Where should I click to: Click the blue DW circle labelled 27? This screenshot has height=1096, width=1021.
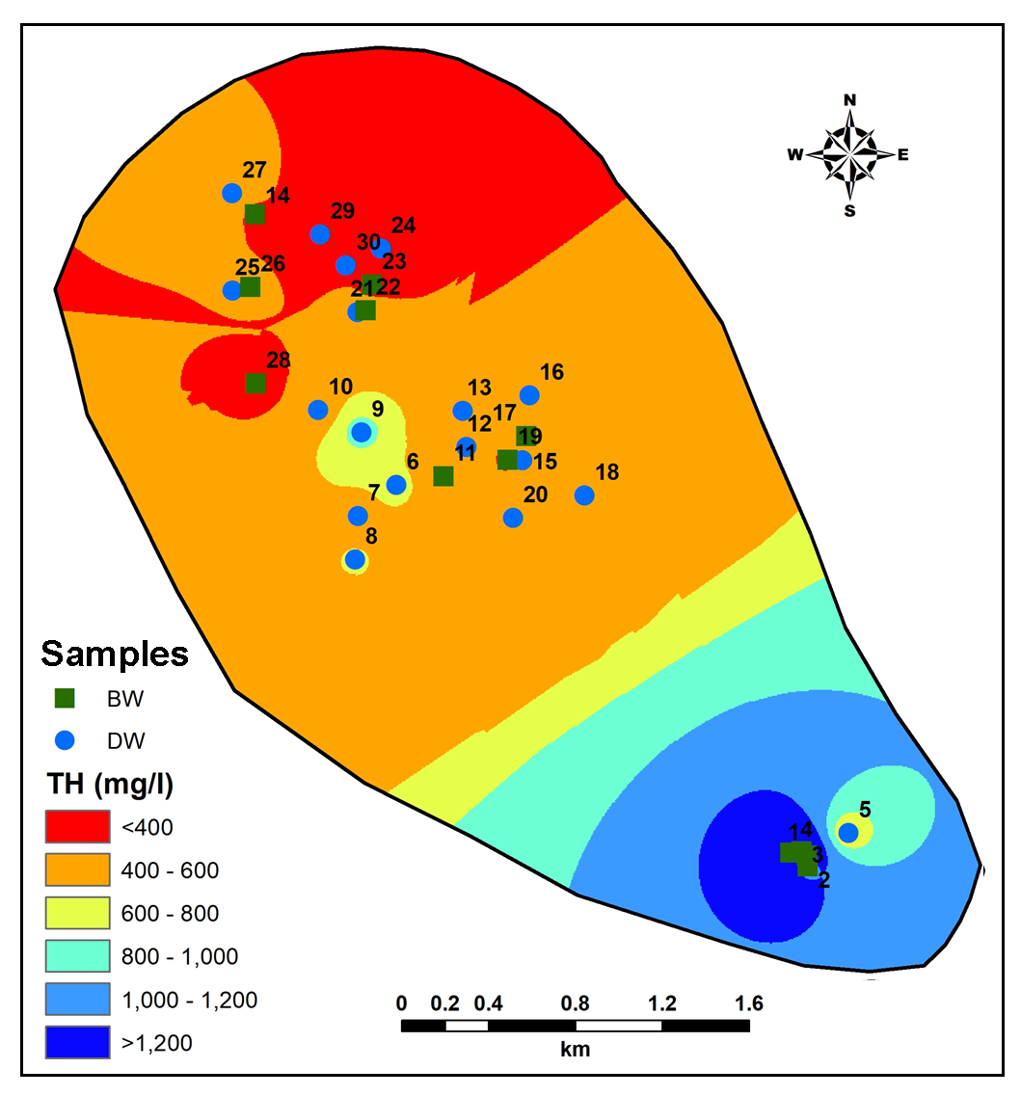[232, 193]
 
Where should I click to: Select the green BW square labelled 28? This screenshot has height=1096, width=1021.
[255, 383]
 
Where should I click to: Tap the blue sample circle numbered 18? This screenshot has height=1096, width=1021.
[584, 495]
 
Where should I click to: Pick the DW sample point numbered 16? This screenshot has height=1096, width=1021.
[529, 395]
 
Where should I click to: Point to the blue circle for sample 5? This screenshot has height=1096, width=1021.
[848, 833]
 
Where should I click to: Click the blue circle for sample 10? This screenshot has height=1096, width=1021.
[318, 410]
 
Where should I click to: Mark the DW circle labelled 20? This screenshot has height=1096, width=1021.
[513, 518]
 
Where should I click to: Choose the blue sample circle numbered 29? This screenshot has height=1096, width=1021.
[320, 234]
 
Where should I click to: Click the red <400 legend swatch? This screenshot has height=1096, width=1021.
[78, 827]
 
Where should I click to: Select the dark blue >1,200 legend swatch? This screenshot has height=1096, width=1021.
[78, 1042]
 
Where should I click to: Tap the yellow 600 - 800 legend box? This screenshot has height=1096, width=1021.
[78, 913]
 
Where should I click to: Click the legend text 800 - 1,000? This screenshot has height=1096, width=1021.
[179, 956]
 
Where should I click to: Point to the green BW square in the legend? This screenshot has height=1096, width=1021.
[65, 698]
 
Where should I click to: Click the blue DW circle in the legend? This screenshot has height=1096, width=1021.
[65, 741]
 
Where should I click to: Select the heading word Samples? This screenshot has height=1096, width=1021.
[115, 655]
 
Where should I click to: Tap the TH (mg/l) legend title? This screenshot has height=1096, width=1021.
[110, 785]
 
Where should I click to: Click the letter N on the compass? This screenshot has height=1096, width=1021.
[849, 100]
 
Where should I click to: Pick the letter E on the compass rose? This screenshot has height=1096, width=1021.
[902, 155]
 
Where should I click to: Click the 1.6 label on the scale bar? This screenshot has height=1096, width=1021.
[749, 1003]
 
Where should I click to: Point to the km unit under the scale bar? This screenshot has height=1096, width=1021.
[575, 1049]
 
